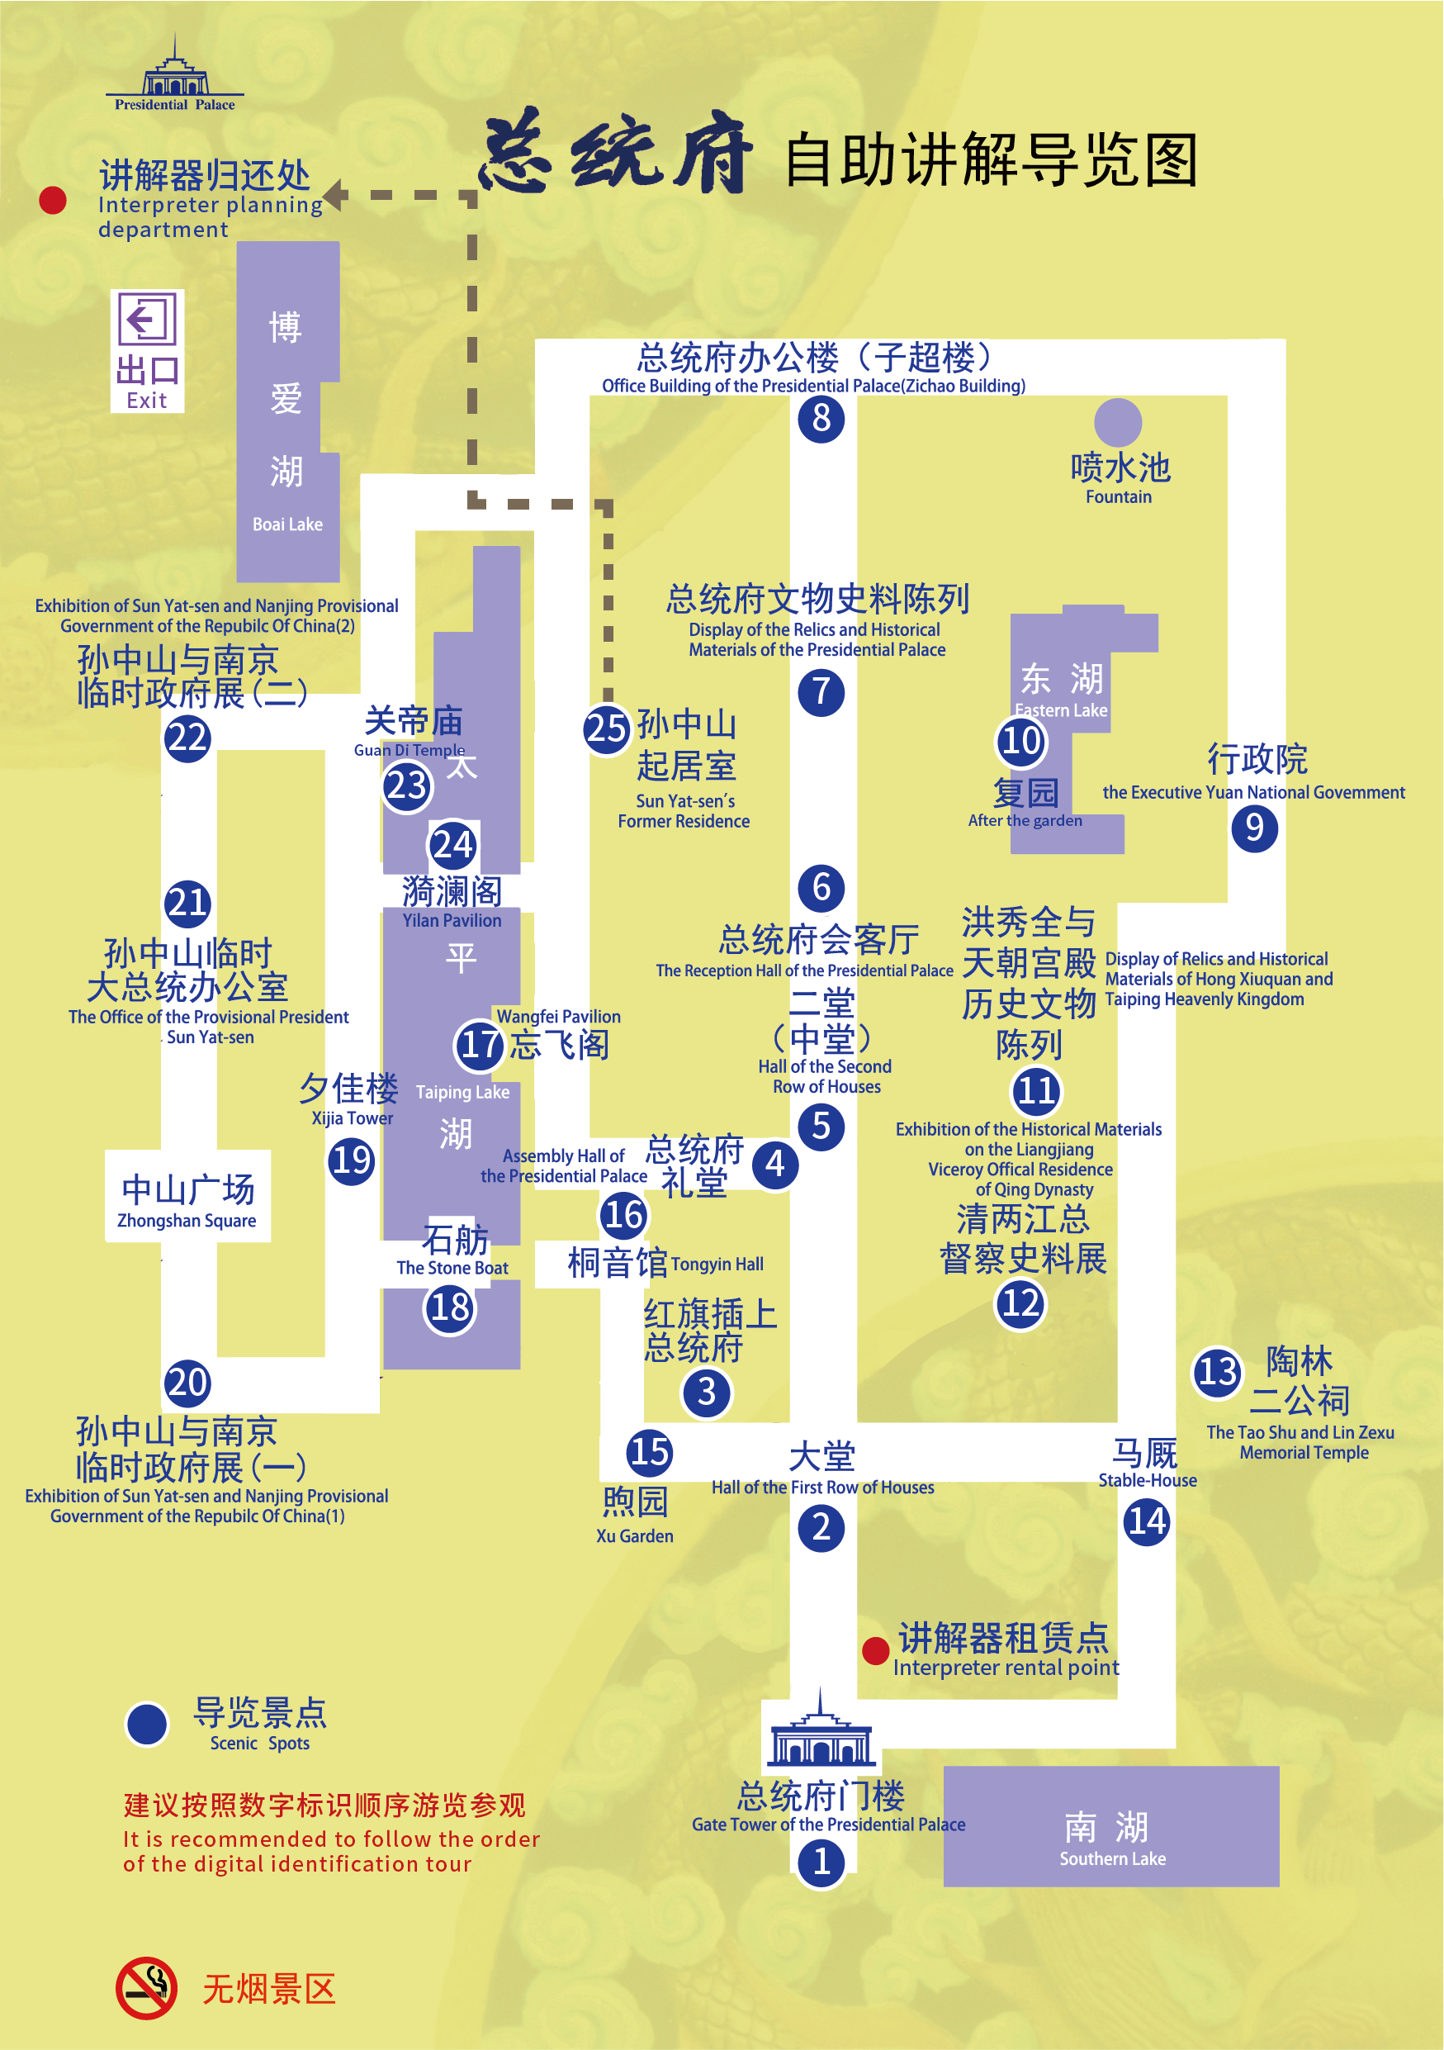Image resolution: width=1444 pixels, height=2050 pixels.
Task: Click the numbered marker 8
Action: coord(821,418)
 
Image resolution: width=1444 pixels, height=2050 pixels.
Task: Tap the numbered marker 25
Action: coord(607,728)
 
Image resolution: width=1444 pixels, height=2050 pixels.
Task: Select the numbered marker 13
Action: coord(1216,1371)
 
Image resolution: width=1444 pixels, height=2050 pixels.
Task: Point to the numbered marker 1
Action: coord(821,1862)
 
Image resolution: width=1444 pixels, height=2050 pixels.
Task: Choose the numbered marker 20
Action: coord(187,1382)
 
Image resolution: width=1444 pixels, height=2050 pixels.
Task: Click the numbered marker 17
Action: coord(481,1044)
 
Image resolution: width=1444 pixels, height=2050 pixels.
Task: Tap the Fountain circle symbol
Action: coord(1117,421)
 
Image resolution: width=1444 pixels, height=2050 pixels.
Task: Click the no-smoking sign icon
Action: coord(146,1988)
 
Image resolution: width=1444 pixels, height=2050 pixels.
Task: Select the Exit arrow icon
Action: coord(147,319)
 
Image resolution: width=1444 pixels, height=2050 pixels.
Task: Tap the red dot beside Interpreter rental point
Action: coord(875,1651)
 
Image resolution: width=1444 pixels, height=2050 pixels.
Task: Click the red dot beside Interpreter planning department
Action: coord(53,200)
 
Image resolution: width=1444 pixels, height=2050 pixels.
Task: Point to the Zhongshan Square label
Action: coord(187,1199)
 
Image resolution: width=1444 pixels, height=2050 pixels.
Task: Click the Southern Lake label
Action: coord(1111,1838)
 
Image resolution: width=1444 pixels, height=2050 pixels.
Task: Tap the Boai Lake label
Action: coord(286,524)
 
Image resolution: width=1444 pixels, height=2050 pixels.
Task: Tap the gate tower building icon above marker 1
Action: coord(821,1728)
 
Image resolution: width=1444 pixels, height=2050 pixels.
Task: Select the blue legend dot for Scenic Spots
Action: coord(147,1724)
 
